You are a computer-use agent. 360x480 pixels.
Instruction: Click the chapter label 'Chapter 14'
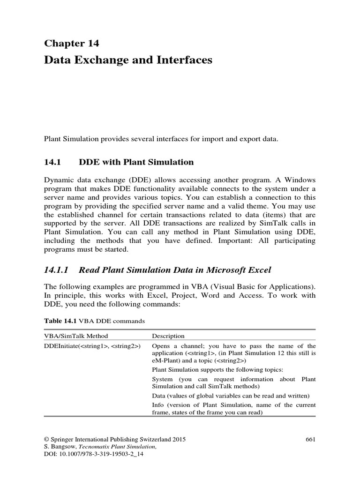coord(72,44)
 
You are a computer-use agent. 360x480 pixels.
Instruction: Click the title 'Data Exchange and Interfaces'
coord(128,60)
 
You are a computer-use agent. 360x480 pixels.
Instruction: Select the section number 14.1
coord(52,162)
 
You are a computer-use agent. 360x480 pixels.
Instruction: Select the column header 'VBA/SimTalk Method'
coord(76,336)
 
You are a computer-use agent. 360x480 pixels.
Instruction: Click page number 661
coord(310,439)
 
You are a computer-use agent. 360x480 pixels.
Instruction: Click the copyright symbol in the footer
coord(46,439)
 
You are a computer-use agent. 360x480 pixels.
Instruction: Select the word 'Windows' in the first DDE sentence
coord(297,180)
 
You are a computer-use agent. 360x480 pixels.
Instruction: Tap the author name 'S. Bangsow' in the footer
coord(61,447)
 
